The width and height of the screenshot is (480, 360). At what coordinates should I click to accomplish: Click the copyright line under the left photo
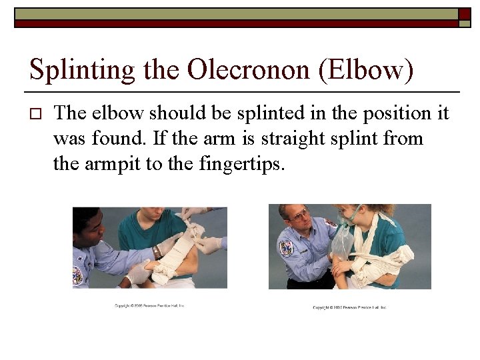tap(149, 306)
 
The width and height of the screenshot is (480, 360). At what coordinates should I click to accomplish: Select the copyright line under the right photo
tap(349, 307)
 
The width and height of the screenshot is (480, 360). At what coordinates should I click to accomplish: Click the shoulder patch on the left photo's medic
tap(78, 275)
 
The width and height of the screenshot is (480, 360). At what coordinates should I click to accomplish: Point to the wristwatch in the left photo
tap(157, 252)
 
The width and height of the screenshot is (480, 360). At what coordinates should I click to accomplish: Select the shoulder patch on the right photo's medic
tap(287, 248)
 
